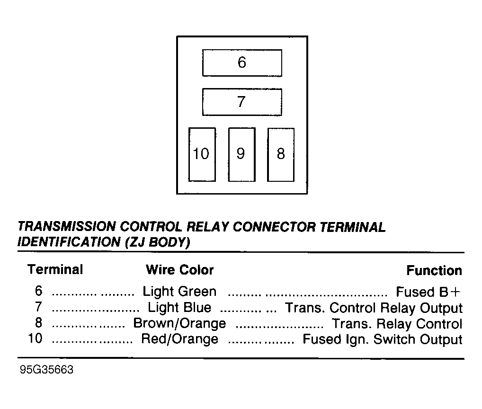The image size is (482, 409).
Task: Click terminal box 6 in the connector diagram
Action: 242,62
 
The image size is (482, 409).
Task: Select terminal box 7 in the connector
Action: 242,102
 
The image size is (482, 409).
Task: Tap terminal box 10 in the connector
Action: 202,154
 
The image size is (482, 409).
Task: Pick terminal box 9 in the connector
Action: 241,154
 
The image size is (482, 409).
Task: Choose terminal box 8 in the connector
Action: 281,154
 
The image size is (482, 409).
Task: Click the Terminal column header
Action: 55,269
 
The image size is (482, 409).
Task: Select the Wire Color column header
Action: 179,270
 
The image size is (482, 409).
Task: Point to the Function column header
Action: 434,270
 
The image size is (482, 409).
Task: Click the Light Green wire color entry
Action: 179,291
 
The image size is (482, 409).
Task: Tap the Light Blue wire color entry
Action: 179,307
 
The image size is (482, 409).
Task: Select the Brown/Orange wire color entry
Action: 179,323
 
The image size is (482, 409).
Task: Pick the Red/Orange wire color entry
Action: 179,339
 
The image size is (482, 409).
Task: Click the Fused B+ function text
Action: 428,292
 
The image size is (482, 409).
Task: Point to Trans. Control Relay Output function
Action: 374,308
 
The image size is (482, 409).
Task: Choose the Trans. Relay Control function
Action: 397,324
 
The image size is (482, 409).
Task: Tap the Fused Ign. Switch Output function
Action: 383,339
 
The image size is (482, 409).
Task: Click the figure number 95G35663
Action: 46,369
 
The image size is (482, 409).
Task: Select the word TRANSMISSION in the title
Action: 66,226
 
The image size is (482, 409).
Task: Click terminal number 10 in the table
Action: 35,338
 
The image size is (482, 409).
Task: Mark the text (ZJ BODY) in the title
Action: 158,242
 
